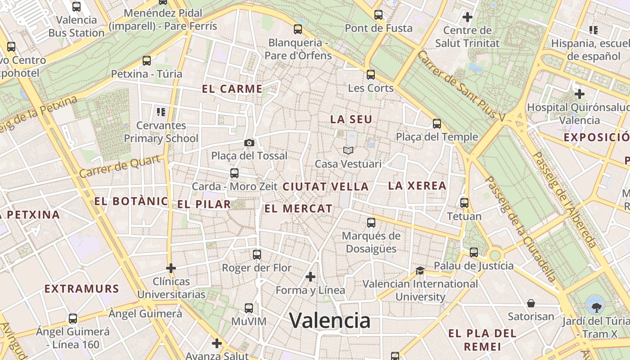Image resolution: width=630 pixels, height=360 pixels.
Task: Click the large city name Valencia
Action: click(330, 321)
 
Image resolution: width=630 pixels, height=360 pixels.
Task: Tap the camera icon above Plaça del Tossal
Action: click(249, 143)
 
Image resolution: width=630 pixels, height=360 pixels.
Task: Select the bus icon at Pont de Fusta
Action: click(378, 15)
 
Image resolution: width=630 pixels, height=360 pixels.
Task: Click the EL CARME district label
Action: click(232, 89)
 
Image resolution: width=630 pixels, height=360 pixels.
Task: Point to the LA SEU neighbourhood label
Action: click(351, 119)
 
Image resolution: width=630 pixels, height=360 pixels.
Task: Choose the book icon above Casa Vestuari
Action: click(348, 151)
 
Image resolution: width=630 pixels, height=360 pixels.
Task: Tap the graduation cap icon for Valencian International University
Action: click(420, 270)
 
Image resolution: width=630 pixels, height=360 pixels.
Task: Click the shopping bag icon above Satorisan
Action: click(531, 303)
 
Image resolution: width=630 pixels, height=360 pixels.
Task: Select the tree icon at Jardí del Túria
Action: click(596, 307)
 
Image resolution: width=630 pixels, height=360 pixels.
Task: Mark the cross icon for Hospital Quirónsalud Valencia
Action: click(580, 94)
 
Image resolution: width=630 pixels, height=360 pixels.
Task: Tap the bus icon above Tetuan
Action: click(464, 203)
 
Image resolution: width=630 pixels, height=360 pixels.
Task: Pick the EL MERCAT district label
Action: click(298, 209)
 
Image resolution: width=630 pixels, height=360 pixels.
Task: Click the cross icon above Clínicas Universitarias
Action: click(171, 268)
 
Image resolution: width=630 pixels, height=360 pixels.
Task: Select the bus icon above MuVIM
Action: click(249, 308)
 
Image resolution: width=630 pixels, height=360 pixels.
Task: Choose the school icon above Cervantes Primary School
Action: click(161, 112)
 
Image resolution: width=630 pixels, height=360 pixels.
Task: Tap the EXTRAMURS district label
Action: click(81, 289)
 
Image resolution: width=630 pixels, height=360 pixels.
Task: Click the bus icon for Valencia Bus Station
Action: click(76, 7)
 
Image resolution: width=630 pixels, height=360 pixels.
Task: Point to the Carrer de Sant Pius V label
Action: click(461, 86)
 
